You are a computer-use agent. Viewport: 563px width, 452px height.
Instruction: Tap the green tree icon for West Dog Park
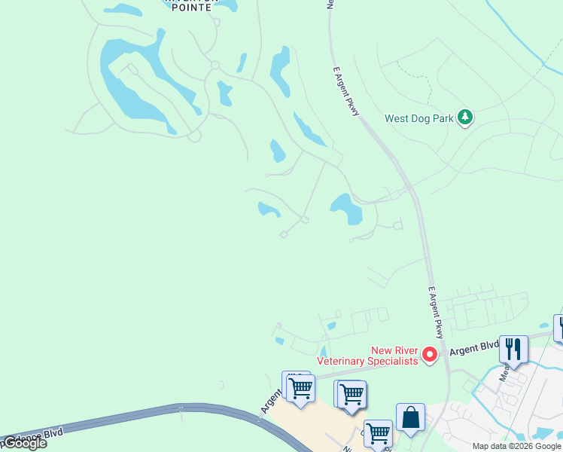(466, 117)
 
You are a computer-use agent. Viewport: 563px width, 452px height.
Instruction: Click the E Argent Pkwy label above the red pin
(436, 312)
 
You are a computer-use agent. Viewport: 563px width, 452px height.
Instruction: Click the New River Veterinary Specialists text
(367, 356)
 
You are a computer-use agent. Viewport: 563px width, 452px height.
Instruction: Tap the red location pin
(430, 353)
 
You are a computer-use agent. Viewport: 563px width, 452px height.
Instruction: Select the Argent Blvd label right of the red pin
(474, 348)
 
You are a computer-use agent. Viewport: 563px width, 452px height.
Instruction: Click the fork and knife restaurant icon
(513, 348)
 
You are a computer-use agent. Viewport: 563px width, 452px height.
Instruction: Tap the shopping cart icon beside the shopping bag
(378, 433)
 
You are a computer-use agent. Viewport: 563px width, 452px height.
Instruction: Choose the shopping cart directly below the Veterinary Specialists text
(351, 393)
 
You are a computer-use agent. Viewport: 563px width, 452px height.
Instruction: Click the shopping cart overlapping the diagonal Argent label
(300, 388)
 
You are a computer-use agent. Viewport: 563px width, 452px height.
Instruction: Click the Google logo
(24, 443)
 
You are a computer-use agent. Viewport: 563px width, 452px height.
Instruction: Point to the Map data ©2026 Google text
(516, 446)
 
